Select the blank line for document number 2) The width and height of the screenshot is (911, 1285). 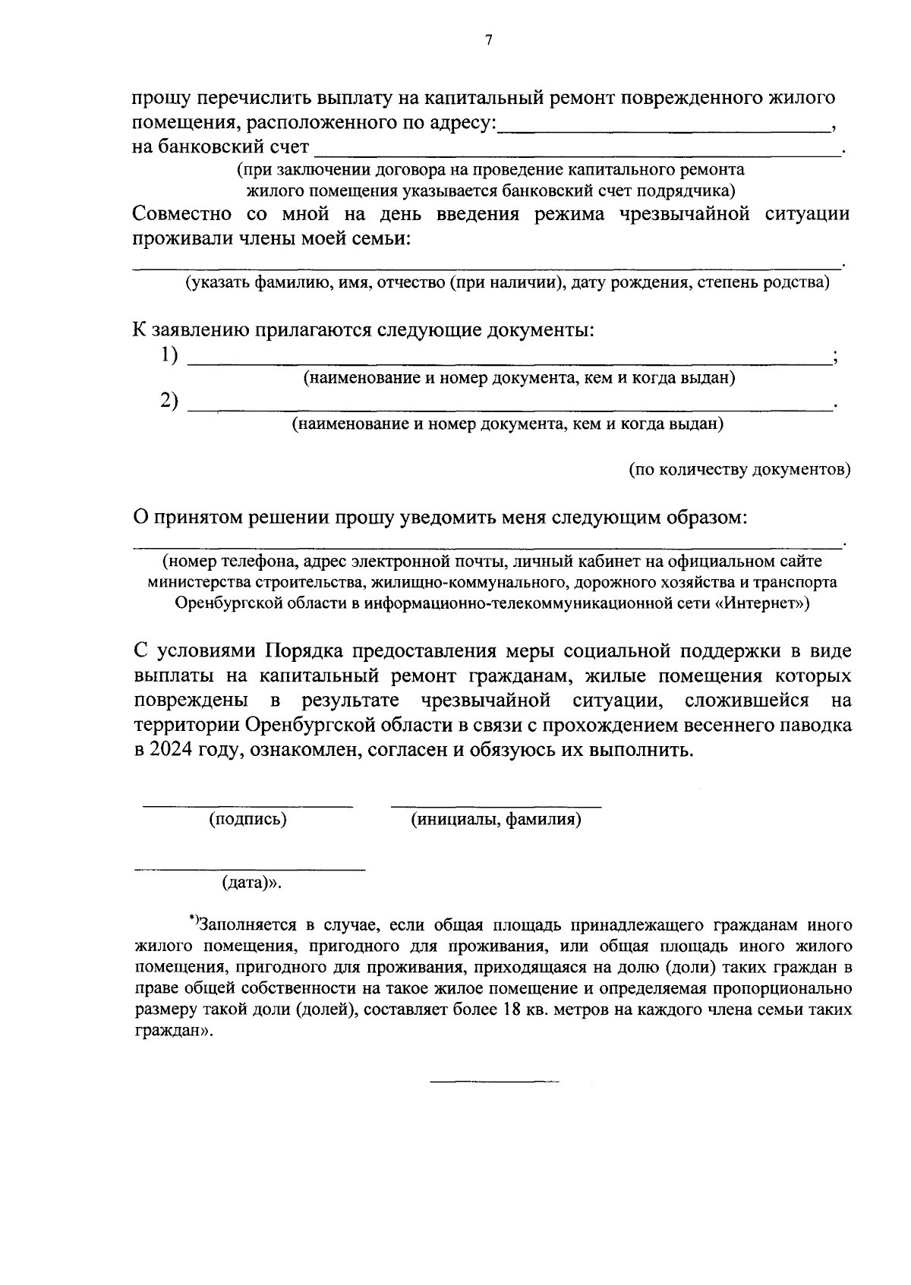pos(509,409)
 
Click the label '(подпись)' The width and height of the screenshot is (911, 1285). pos(248,820)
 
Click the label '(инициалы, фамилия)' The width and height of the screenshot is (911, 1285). pos(496,820)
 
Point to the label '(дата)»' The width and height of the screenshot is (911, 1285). pos(251,883)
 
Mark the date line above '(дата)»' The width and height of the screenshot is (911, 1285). pos(249,868)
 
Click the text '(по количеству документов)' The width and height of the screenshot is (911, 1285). pos(739,470)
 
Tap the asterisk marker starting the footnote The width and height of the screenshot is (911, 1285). pos(193,920)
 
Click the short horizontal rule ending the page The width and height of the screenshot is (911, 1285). pos(495,1080)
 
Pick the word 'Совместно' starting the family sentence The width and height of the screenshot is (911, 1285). pos(181,214)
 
